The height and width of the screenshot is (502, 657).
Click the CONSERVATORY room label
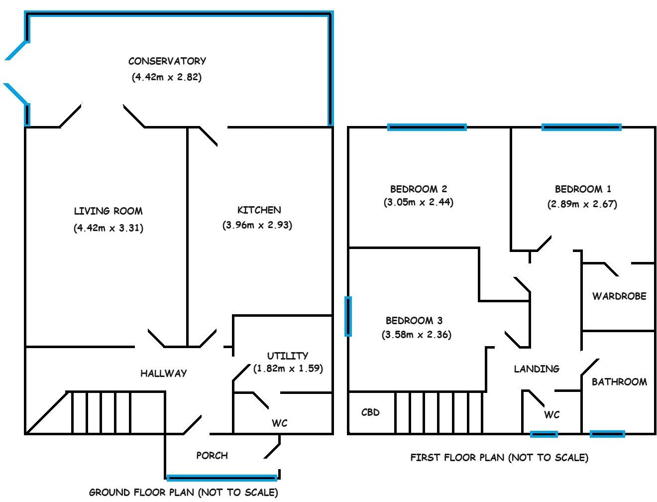(x=167, y=61)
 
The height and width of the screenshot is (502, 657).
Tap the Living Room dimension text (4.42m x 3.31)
(x=109, y=228)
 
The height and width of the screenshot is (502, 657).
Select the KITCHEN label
(x=259, y=210)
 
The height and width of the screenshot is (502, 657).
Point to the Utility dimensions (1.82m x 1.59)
(x=288, y=369)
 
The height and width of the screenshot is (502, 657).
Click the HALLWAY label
(x=163, y=373)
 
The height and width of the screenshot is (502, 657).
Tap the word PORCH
(x=212, y=455)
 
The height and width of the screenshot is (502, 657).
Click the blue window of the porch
(x=221, y=478)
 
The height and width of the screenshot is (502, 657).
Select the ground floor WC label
(x=279, y=423)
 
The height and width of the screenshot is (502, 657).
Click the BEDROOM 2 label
(x=418, y=189)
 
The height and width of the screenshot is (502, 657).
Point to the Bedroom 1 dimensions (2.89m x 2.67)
(x=582, y=204)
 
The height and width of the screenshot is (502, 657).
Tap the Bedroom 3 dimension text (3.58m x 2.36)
(x=417, y=335)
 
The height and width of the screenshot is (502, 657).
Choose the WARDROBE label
(x=619, y=296)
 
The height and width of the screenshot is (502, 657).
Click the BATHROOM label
(x=619, y=382)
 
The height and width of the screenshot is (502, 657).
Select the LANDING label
(x=537, y=369)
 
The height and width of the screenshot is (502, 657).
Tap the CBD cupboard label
(x=370, y=412)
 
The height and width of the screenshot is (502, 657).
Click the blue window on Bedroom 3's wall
(x=348, y=316)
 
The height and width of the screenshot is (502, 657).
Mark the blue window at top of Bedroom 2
(x=427, y=127)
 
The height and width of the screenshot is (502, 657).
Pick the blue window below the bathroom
(x=607, y=434)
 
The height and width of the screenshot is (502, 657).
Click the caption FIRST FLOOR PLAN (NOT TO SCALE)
(x=499, y=457)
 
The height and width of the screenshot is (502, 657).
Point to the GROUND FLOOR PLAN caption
(x=183, y=493)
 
